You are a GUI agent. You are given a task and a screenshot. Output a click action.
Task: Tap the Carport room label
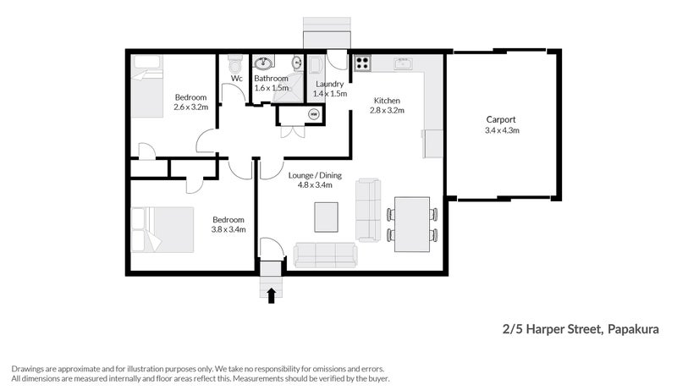tap(501, 119)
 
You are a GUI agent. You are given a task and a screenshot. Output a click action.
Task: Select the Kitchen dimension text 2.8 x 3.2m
tap(388, 111)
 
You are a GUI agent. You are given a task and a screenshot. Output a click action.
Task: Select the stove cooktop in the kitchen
tap(362, 62)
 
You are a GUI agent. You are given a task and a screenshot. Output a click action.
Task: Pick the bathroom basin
tap(264, 62)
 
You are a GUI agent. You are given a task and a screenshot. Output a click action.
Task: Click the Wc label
tap(237, 79)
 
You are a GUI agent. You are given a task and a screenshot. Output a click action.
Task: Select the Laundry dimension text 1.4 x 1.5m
tap(330, 94)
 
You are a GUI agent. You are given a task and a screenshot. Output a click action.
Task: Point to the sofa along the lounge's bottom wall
tap(326, 254)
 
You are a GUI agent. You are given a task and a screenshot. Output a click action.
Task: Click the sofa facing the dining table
tap(368, 209)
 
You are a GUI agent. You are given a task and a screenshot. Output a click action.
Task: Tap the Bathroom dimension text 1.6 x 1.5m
tap(272, 88)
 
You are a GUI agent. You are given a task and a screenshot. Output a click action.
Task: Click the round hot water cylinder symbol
tap(312, 113)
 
